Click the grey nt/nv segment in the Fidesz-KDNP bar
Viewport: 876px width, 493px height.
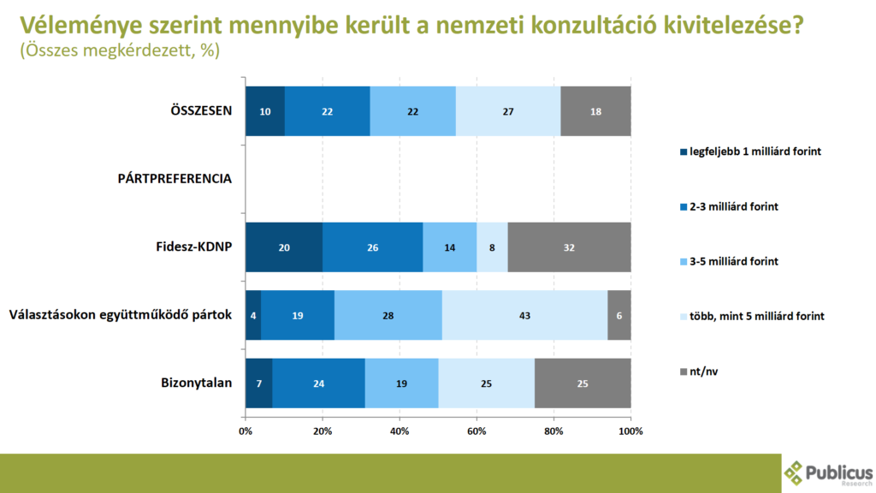click(x=569, y=247)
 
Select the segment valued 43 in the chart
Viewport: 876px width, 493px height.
click(x=524, y=315)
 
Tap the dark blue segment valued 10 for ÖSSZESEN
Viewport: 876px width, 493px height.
click(x=264, y=111)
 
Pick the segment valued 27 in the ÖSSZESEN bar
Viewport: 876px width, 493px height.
click(x=508, y=111)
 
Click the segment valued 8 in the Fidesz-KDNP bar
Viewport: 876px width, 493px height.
click(x=492, y=247)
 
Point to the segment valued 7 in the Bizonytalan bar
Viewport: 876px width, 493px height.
click(x=258, y=383)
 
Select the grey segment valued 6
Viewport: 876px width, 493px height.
click(x=619, y=315)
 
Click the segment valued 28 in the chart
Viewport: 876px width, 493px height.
click(x=388, y=315)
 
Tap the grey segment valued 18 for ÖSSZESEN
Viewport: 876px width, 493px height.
click(x=595, y=111)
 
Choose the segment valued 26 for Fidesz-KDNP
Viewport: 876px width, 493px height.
click(x=372, y=247)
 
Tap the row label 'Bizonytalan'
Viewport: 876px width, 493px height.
click(x=197, y=383)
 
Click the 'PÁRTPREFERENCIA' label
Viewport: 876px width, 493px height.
click(x=175, y=179)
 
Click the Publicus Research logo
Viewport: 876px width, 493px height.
click(x=827, y=473)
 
